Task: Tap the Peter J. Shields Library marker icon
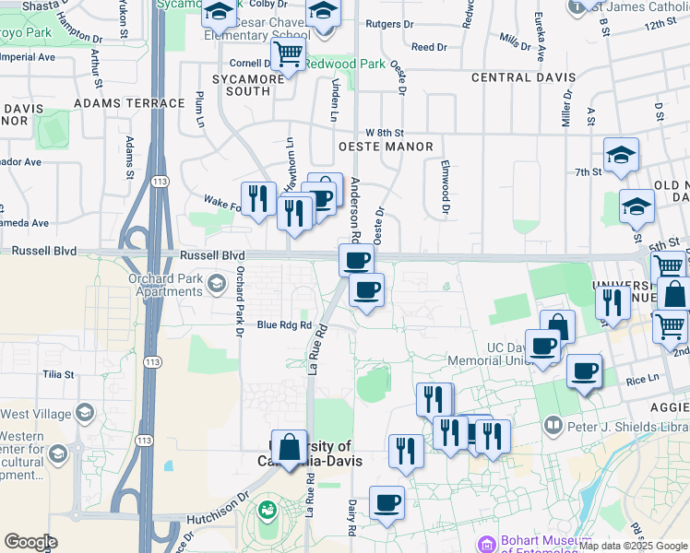[x=553, y=426]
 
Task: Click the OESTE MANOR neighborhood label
[x=386, y=147]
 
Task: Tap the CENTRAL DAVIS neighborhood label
[x=524, y=77]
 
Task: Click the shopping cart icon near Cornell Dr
[x=288, y=56]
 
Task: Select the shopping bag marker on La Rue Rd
[x=289, y=447]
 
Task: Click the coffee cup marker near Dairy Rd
[x=387, y=503]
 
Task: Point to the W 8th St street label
[x=385, y=134]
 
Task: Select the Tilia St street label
[x=57, y=374]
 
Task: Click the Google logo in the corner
[x=30, y=542]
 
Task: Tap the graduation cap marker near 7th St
[x=621, y=155]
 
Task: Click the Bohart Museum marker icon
[x=486, y=544]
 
